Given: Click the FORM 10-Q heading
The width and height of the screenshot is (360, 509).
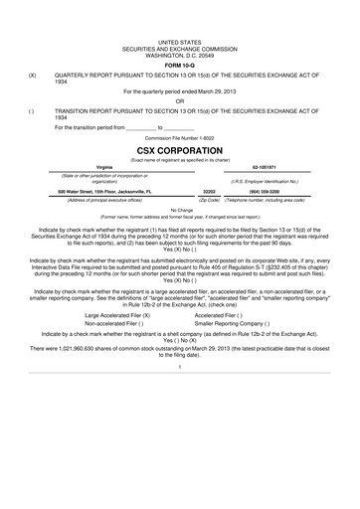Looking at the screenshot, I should click(x=180, y=65).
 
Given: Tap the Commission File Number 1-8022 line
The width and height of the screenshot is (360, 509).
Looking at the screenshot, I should click(x=180, y=135).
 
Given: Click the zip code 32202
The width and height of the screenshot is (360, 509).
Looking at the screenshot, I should click(x=209, y=190).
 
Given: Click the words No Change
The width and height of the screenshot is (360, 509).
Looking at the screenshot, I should click(x=180, y=210).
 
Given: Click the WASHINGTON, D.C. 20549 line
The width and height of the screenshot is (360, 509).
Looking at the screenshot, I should click(x=180, y=55).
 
